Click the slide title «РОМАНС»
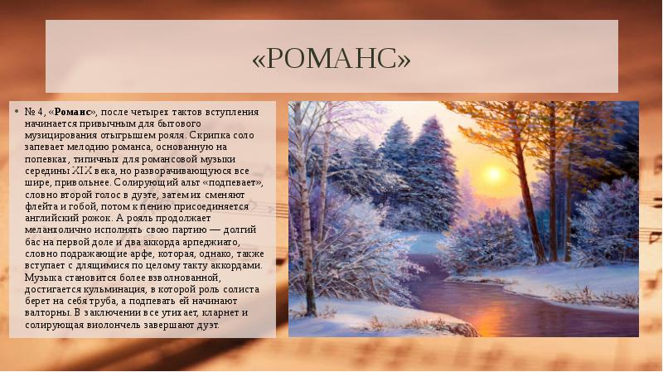pyautogui.click(x=331, y=59)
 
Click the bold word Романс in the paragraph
pyautogui.click(x=75, y=111)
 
